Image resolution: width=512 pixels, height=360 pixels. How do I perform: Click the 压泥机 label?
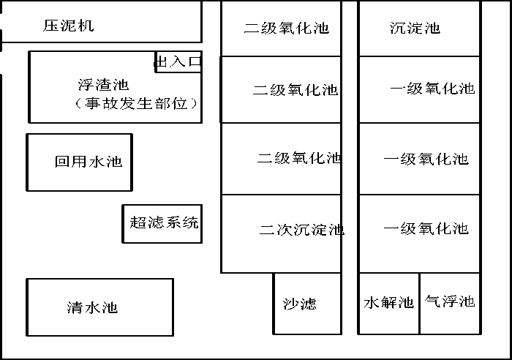click(69, 26)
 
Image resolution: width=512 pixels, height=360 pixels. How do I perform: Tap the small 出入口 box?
click(178, 61)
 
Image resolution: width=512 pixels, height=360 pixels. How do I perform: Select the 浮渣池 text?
click(104, 85)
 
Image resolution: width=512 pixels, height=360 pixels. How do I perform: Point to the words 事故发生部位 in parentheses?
click(136, 104)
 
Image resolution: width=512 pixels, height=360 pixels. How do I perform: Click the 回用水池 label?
click(89, 162)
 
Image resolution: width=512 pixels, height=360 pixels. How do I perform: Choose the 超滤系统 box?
click(162, 224)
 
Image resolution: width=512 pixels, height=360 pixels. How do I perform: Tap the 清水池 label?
click(92, 307)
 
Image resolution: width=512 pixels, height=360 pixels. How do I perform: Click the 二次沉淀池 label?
click(301, 230)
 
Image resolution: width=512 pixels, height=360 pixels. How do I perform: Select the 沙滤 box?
click(307, 304)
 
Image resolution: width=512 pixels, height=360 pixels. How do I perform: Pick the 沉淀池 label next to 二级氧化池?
click(415, 28)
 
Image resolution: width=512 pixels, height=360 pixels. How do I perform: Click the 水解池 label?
click(388, 302)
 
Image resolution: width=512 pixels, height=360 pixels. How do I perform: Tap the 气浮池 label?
click(450, 301)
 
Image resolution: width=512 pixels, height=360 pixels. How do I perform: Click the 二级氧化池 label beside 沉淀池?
click(287, 28)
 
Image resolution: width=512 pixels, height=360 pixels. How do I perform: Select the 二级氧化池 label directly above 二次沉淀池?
click(299, 158)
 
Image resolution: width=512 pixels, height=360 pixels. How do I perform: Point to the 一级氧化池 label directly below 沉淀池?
click(432, 89)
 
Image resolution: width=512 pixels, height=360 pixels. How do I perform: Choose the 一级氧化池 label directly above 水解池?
click(426, 229)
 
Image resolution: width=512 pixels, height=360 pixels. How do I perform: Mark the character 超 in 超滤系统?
click(138, 222)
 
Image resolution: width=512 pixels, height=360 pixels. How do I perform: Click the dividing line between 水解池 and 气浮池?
click(419, 304)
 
